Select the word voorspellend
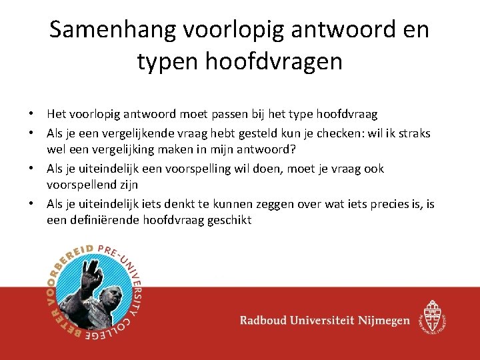tap(81, 184)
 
